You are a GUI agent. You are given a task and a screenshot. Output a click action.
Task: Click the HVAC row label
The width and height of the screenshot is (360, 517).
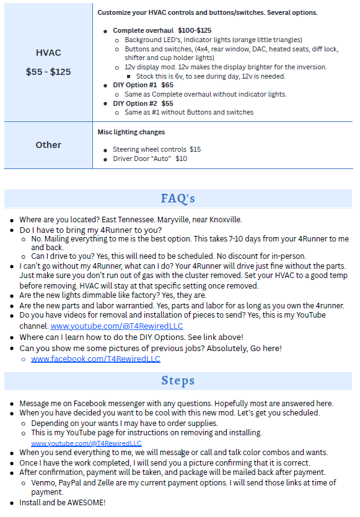[x=48, y=53]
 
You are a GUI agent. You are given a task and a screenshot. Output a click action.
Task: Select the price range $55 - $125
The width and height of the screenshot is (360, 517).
[x=48, y=72]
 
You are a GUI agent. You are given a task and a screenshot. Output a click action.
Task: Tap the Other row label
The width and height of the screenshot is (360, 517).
[x=48, y=145]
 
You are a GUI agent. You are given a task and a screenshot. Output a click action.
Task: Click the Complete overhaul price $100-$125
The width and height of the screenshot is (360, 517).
[x=195, y=30]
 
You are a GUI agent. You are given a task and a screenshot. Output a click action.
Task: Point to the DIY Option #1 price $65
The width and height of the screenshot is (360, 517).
[x=167, y=85]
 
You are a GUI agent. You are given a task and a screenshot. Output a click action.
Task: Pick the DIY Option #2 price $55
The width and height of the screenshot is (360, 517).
[x=167, y=103]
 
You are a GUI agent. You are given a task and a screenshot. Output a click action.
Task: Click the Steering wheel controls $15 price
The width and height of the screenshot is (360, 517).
[x=195, y=149]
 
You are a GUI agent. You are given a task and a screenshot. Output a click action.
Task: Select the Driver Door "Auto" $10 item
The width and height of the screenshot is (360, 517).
[x=149, y=159]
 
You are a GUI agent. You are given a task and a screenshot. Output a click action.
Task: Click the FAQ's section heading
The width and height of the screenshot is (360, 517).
[x=178, y=199]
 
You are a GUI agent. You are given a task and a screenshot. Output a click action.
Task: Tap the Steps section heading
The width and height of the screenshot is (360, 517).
[x=178, y=380]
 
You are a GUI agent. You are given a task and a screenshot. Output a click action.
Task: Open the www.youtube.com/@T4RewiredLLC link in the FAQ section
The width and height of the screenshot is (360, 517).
[x=116, y=326]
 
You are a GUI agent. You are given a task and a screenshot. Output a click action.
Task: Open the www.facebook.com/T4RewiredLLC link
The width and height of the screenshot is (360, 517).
[x=95, y=358]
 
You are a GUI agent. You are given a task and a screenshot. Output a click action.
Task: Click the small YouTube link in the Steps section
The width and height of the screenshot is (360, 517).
[x=86, y=443]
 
